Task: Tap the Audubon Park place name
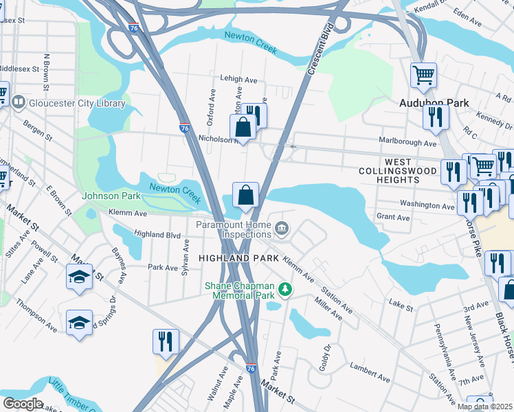click(434, 103)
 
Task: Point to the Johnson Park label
click(111, 196)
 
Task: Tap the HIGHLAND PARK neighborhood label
click(238, 257)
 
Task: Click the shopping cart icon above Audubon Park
click(423, 75)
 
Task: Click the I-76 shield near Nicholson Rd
click(184, 128)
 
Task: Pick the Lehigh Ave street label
click(237, 78)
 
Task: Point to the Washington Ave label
click(427, 205)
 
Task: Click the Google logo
click(23, 404)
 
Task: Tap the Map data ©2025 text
click(483, 407)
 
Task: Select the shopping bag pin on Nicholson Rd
click(243, 128)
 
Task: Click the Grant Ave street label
click(393, 218)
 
